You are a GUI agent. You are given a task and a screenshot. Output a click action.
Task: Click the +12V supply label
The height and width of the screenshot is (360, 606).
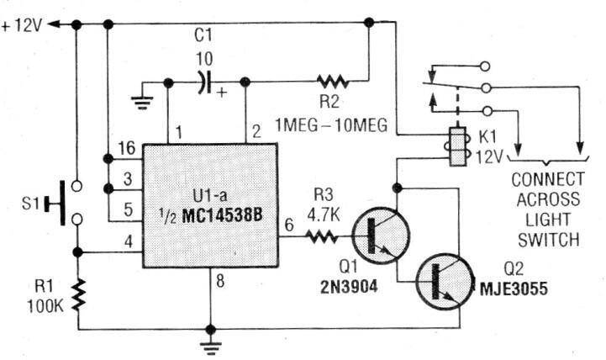click(22, 26)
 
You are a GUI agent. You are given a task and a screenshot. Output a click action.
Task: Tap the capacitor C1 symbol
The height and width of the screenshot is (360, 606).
click(204, 82)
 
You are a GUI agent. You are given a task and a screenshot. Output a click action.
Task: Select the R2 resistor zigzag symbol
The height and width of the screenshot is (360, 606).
click(332, 82)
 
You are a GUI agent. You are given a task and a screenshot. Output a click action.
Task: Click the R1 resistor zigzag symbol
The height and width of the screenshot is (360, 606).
click(78, 294)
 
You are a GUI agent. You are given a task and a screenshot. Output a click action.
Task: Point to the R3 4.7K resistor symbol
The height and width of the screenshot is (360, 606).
click(322, 236)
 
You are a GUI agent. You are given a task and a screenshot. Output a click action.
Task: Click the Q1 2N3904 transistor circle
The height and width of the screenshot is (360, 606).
click(381, 236)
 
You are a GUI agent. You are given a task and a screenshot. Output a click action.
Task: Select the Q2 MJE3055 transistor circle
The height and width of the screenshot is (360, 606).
click(445, 282)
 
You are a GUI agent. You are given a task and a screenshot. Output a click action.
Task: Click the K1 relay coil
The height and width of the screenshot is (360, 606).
click(457, 146)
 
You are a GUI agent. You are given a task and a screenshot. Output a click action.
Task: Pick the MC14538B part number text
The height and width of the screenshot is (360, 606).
click(222, 216)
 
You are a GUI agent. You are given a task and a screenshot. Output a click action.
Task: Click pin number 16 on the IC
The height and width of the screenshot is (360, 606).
click(127, 148)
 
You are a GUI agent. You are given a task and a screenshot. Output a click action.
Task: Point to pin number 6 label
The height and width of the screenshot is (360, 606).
click(289, 225)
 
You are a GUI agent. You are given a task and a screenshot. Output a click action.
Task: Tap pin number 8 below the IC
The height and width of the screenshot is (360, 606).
click(220, 281)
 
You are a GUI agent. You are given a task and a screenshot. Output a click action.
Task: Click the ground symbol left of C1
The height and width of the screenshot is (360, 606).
click(142, 101)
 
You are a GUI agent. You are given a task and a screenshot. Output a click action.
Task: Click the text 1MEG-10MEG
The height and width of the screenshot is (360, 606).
click(331, 125)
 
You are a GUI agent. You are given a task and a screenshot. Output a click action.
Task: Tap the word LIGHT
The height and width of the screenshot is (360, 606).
click(548, 220)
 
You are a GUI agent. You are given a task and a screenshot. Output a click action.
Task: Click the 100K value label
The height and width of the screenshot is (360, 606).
click(45, 306)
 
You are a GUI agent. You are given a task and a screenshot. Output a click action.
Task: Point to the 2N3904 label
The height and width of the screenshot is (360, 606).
click(349, 287)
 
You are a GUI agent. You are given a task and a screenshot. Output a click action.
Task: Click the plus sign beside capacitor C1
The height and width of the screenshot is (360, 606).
click(221, 93)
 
